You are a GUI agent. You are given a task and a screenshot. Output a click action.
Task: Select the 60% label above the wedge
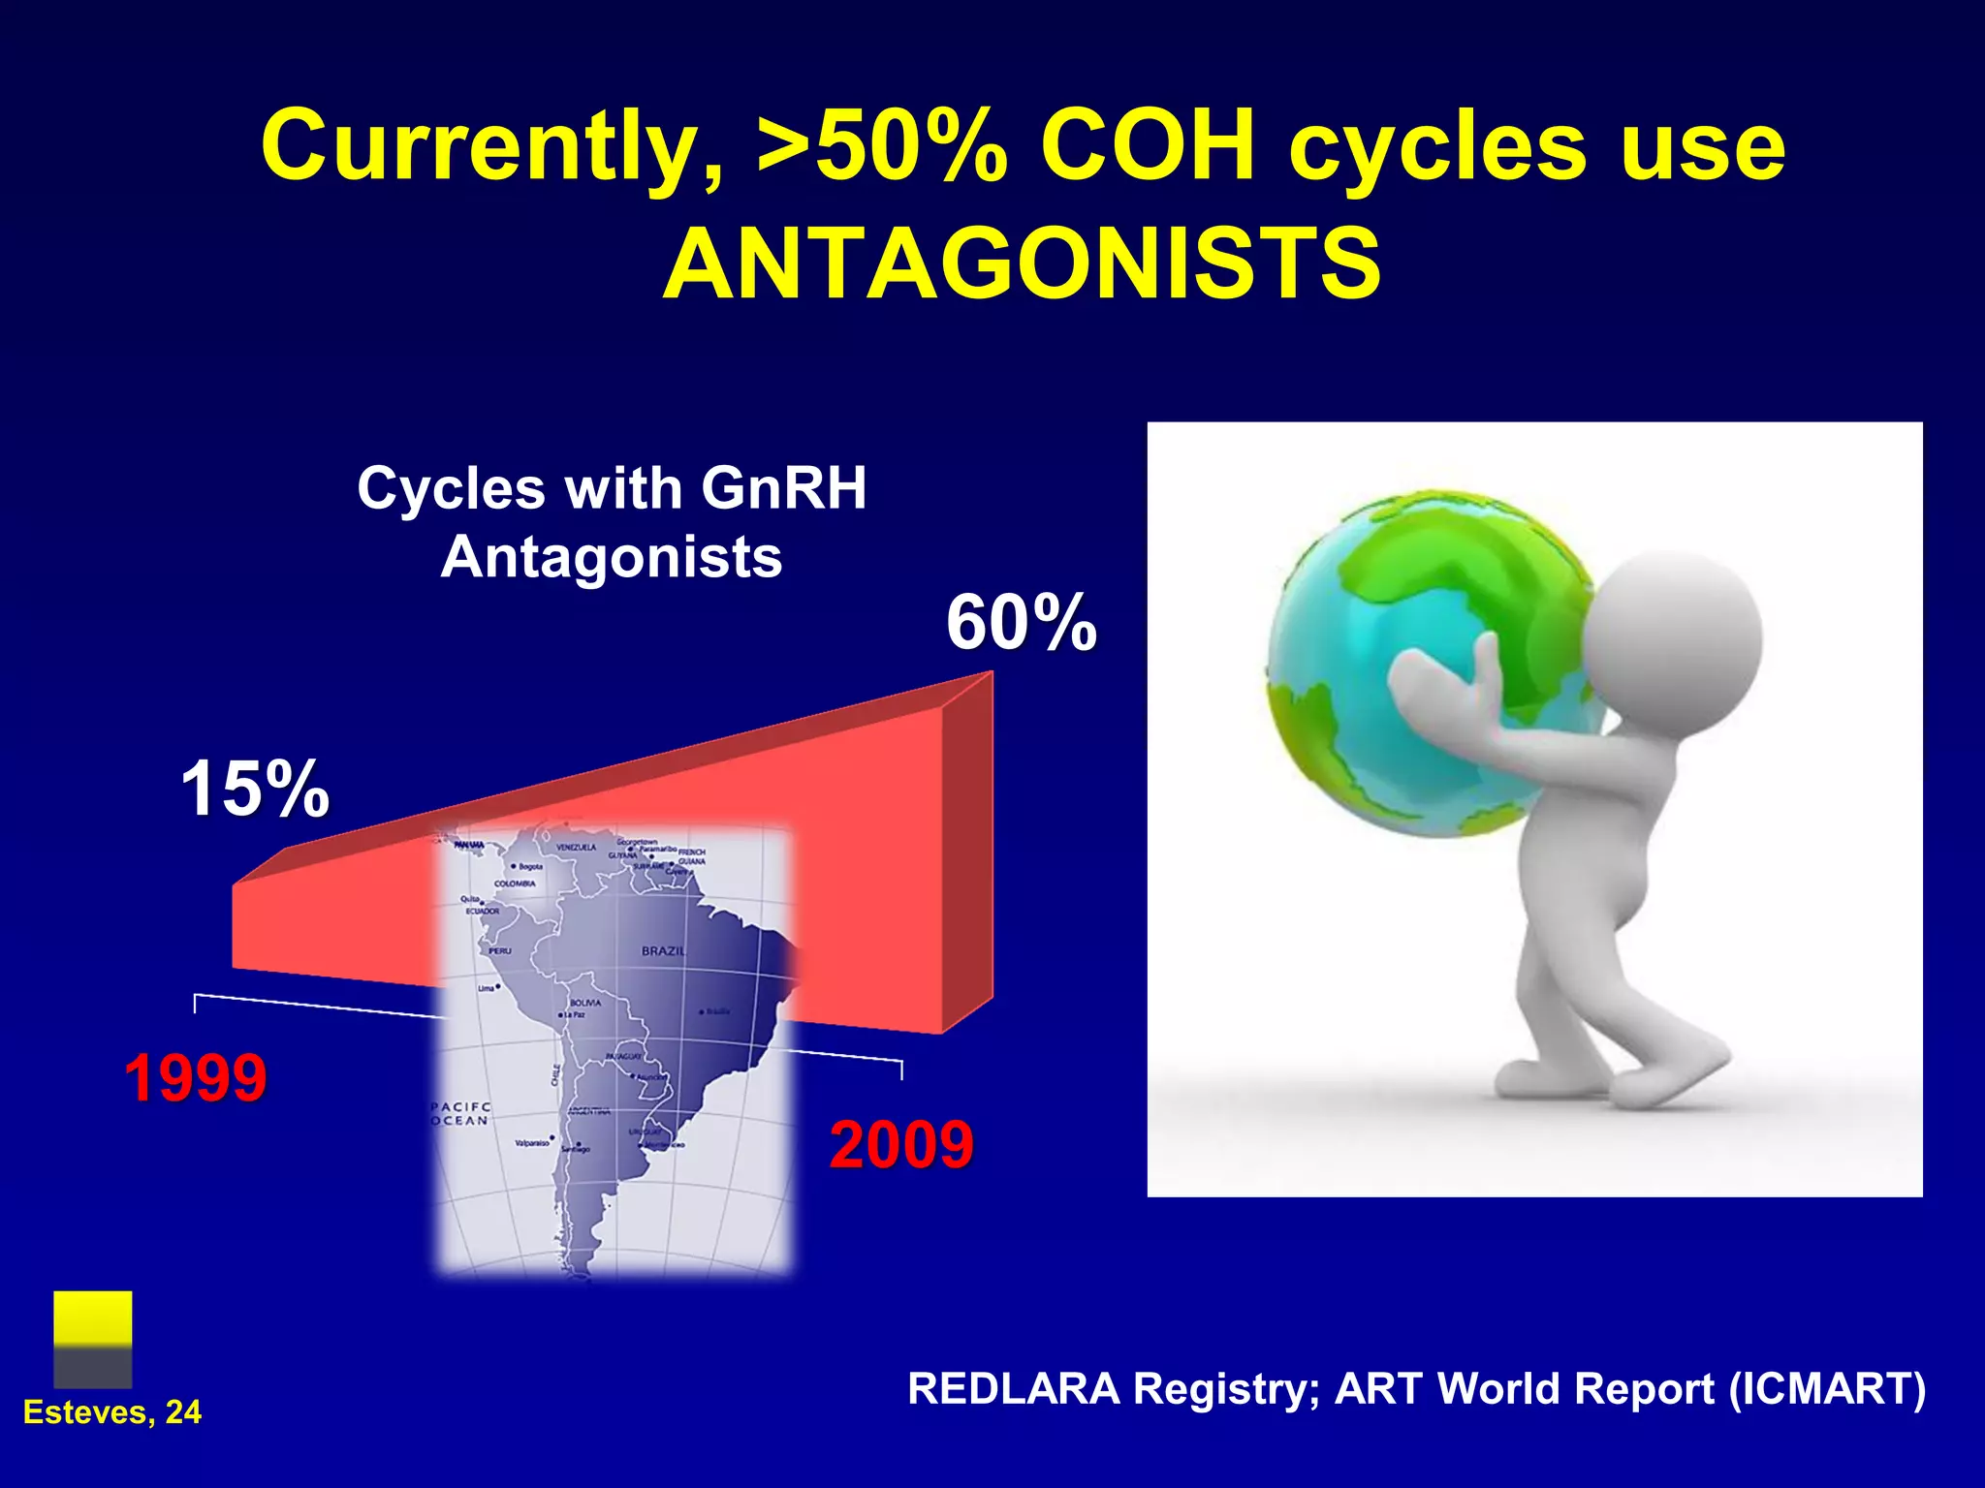tap(1021, 623)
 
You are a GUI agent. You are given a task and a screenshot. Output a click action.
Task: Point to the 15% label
tap(255, 789)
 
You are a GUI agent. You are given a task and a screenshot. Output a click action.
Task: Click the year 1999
tap(196, 1077)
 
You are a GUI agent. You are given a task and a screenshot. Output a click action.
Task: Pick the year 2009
tap(900, 1145)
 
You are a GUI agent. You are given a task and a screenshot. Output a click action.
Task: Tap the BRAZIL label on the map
tap(663, 950)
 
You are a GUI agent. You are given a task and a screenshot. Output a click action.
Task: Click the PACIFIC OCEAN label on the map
tap(460, 1114)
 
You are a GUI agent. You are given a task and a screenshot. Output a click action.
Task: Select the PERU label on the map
tap(499, 950)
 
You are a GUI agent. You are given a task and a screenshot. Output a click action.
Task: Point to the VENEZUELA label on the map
tap(576, 848)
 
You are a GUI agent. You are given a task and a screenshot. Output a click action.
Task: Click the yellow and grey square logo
tap(93, 1339)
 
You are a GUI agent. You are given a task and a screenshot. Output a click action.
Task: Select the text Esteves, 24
tap(112, 1411)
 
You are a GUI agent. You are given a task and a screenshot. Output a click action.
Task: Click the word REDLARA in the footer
tap(1013, 1388)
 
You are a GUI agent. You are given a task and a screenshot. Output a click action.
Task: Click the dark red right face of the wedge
tap(967, 852)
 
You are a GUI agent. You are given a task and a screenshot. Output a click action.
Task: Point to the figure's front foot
tap(1551, 1075)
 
